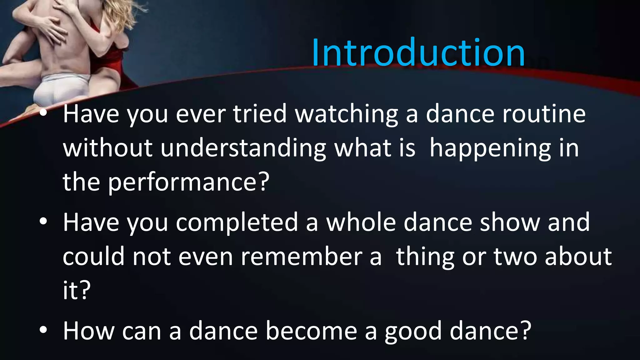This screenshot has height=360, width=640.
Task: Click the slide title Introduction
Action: pos(418,52)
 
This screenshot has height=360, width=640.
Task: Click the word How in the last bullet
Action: pos(89,331)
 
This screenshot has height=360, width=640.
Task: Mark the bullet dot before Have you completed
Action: pos(43,222)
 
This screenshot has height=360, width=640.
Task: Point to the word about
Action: pos(578,257)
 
